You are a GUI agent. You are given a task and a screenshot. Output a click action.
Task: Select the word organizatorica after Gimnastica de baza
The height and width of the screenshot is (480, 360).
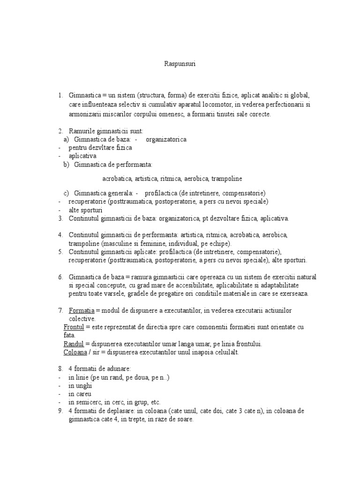166,139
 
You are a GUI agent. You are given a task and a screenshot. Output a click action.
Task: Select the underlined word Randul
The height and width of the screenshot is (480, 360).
73,344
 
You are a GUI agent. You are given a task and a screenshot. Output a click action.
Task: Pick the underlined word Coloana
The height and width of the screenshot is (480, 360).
75,352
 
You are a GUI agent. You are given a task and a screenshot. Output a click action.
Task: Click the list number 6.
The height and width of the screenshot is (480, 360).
61,277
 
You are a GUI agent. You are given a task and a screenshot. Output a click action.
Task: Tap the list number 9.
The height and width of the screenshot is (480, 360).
61,411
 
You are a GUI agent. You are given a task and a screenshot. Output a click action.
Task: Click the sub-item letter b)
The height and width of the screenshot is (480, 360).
66,165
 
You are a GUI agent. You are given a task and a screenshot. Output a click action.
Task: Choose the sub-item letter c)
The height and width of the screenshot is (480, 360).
66,193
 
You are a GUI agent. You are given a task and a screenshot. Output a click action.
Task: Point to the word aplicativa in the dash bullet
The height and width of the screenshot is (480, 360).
82,156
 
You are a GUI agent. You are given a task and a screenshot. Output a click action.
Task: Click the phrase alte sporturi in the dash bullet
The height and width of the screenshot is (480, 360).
85,210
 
